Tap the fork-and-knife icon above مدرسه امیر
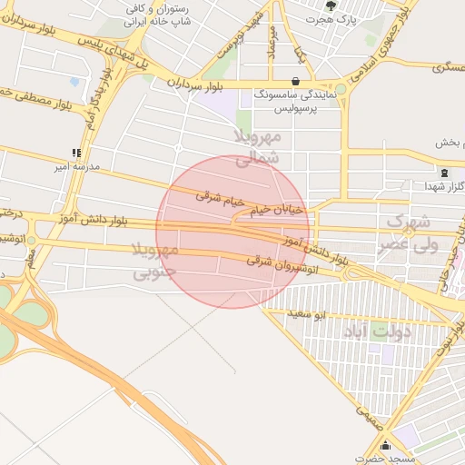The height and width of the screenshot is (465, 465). point(76,153)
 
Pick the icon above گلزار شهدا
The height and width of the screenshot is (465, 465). point(443,172)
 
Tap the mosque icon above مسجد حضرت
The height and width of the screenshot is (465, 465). point(388,446)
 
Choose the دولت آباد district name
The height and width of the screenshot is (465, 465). point(379,331)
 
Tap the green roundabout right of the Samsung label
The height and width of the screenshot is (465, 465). point(339,90)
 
